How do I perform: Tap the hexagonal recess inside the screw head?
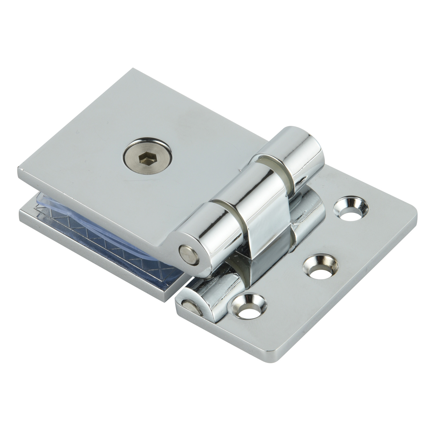tap(144, 159)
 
